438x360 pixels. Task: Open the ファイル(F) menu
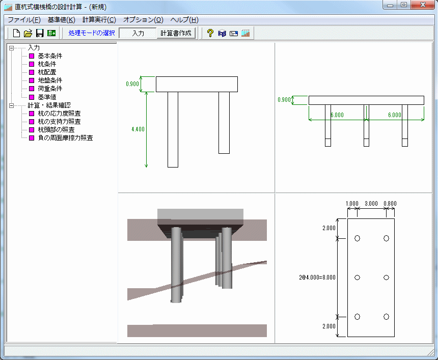(x=24, y=20)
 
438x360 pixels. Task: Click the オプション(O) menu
(x=143, y=20)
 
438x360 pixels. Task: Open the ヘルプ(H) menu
(x=184, y=20)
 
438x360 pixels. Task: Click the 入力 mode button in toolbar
(x=138, y=33)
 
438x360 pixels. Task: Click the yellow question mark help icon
(x=210, y=33)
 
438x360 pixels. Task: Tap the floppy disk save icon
(x=40, y=33)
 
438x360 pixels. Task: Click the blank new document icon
(x=16, y=33)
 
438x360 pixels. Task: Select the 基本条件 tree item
(x=50, y=56)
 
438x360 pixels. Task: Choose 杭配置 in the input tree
(x=47, y=72)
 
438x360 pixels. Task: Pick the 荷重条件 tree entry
(x=50, y=89)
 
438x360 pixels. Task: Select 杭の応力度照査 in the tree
(x=59, y=114)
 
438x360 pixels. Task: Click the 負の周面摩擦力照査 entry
(x=65, y=137)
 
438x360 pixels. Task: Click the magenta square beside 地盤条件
(x=32, y=80)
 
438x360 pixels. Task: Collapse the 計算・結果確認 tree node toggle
(x=11, y=105)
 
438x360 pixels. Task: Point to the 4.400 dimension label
(x=138, y=129)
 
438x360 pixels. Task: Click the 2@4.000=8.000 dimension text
(x=317, y=278)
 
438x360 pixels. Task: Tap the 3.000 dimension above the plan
(x=371, y=204)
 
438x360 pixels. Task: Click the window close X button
(x=423, y=5)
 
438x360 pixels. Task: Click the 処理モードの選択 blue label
(x=92, y=33)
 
